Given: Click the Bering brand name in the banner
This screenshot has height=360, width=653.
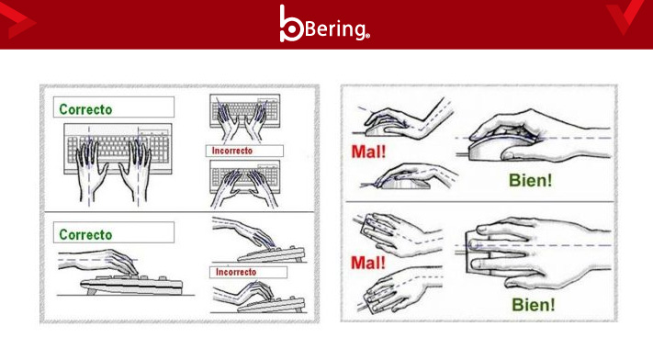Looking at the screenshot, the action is pyautogui.click(x=337, y=28).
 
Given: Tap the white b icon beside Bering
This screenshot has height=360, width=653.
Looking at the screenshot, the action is pyautogui.click(x=291, y=24).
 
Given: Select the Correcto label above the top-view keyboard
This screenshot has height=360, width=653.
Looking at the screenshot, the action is pyautogui.click(x=85, y=109).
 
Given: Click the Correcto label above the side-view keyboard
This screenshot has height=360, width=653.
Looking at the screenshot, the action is pyautogui.click(x=85, y=234).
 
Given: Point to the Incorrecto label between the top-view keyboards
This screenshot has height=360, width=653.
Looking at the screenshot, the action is pyautogui.click(x=232, y=151).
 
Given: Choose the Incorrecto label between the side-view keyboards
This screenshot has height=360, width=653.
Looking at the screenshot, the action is pyautogui.click(x=236, y=272).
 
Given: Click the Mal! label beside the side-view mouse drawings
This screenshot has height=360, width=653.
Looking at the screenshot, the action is pyautogui.click(x=368, y=152).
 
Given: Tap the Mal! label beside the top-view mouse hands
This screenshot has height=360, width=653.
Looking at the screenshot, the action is pyautogui.click(x=368, y=263).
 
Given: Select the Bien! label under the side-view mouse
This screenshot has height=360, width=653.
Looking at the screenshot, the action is pyautogui.click(x=531, y=180).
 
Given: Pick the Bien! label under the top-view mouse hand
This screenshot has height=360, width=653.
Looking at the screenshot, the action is pyautogui.click(x=534, y=305).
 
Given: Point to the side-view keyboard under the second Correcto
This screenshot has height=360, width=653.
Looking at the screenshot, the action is pyautogui.click(x=131, y=285).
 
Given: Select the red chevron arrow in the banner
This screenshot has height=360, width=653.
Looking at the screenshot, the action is pyautogui.click(x=17, y=21).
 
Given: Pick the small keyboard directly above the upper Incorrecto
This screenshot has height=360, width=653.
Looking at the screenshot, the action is pyautogui.click(x=245, y=111).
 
